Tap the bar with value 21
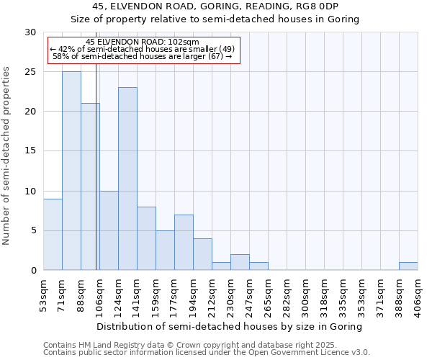point(90,186)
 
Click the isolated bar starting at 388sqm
point(408,266)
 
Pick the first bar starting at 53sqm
point(53,234)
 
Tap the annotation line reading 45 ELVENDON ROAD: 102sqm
point(142,42)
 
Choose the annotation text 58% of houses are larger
point(143,56)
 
